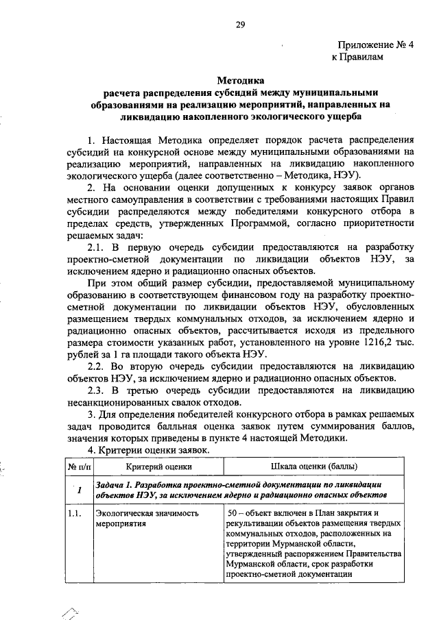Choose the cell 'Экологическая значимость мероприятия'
point(147,517)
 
